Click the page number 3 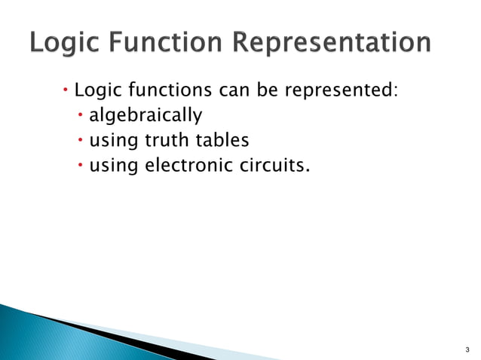coord(467,350)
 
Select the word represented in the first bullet coord(340,93)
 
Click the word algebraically coord(146,117)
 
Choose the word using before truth coord(113,141)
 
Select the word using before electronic coord(113,165)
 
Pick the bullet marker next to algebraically coord(81,116)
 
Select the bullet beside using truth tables coord(81,140)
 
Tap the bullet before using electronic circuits coord(81,164)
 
